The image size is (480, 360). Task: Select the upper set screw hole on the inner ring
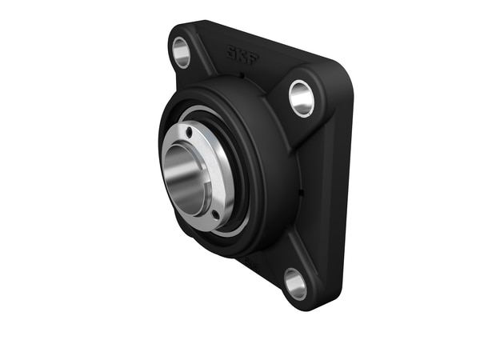click(x=189, y=132)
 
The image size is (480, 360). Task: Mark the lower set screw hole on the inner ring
click(x=215, y=214)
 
